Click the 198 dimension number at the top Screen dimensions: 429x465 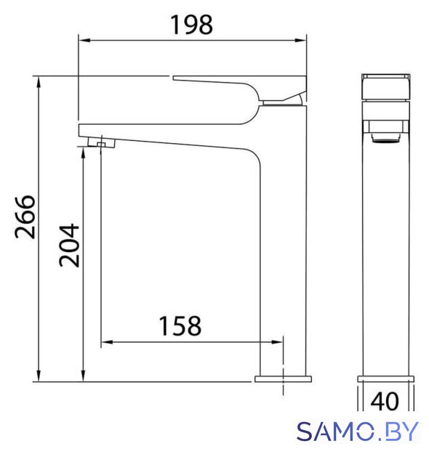191,25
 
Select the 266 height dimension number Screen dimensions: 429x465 25,217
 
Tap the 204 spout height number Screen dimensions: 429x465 69,246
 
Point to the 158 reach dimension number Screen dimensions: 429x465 180,326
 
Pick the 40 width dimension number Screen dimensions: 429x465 385,401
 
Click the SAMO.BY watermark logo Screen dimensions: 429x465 357,431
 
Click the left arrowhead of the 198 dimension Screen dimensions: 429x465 84,41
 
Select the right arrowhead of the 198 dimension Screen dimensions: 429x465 300,41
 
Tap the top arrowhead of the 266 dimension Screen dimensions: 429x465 39,82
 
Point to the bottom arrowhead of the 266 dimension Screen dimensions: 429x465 39,376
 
